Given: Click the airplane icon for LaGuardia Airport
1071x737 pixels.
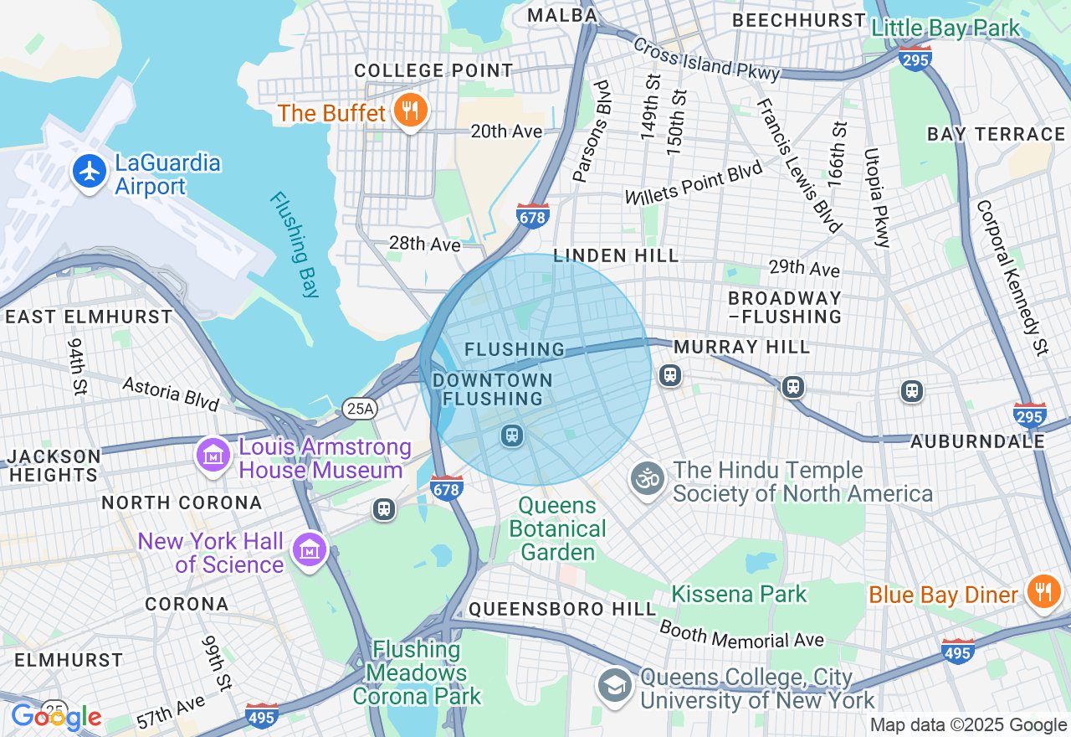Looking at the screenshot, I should pyautogui.click(x=90, y=172).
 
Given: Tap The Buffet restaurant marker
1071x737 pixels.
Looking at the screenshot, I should pyautogui.click(x=410, y=111).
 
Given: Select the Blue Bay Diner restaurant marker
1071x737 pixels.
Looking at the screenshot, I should pyautogui.click(x=1043, y=592).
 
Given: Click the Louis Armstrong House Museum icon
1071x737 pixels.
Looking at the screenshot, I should pyautogui.click(x=213, y=455).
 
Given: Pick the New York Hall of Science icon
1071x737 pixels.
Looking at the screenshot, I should pyautogui.click(x=310, y=550).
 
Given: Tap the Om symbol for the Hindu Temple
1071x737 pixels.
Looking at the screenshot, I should pyautogui.click(x=647, y=480).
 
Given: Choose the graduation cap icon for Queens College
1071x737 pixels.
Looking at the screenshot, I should pyautogui.click(x=614, y=686).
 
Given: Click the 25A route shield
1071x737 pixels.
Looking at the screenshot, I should pyautogui.click(x=360, y=409).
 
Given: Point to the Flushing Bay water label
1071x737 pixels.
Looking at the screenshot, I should pyautogui.click(x=295, y=245).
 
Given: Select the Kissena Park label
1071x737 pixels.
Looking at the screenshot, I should pyautogui.click(x=739, y=595).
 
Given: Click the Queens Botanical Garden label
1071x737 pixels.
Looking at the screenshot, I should pyautogui.click(x=557, y=529).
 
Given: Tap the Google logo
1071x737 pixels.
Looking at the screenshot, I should pyautogui.click(x=56, y=717).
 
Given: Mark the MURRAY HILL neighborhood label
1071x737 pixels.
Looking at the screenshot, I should pyautogui.click(x=741, y=347).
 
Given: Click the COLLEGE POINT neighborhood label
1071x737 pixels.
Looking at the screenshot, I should pyautogui.click(x=433, y=70).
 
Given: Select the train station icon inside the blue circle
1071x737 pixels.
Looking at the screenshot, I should pyautogui.click(x=512, y=435).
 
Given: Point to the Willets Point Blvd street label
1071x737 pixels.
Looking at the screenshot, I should pyautogui.click(x=694, y=183).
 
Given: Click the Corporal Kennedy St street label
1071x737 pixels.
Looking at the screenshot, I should pyautogui.click(x=1012, y=277).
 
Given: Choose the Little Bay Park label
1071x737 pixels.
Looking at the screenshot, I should pyautogui.click(x=945, y=28).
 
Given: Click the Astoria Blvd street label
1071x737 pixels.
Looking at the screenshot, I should pyautogui.click(x=171, y=394).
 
